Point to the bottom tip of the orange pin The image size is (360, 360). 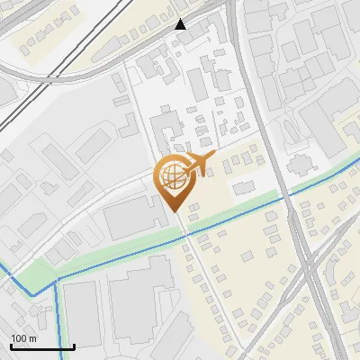tap(174, 211)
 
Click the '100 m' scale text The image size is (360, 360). tap(23, 338)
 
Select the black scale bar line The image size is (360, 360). tap(41, 346)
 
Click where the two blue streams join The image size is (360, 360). tap(57, 281)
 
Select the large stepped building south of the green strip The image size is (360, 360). tap(144, 297)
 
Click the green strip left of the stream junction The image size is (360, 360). tap(36, 270)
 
